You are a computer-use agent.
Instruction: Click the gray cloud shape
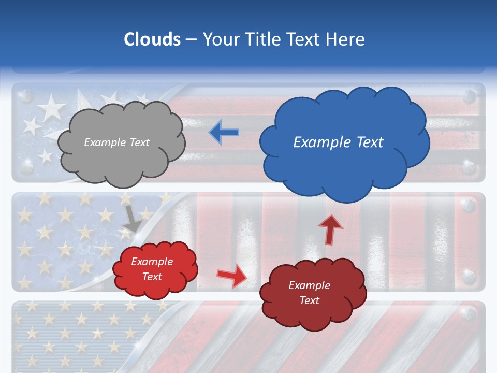(122, 155)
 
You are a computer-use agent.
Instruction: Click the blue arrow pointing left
(224, 132)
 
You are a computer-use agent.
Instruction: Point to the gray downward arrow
(132, 219)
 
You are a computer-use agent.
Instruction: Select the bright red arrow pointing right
(231, 275)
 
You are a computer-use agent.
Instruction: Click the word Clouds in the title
(152, 39)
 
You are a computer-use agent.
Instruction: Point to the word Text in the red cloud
(152, 277)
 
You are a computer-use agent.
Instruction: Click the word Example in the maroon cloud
(309, 285)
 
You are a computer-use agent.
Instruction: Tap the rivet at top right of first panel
(469, 96)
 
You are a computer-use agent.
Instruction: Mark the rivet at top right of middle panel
(469, 206)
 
